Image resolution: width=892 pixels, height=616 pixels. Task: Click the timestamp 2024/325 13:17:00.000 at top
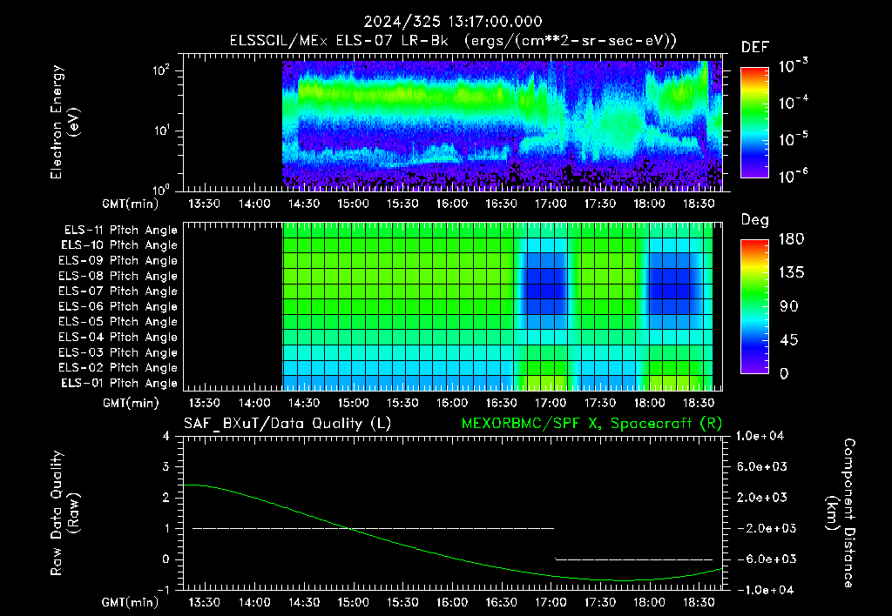[x=453, y=22]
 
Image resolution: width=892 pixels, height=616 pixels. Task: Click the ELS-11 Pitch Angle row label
[x=120, y=231]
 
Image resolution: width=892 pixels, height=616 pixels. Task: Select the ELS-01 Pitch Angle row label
[x=119, y=384]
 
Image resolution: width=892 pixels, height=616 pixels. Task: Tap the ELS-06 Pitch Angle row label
[x=118, y=307]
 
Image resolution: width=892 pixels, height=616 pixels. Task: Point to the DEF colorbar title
[x=755, y=47]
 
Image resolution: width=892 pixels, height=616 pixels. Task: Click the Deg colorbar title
[x=755, y=220]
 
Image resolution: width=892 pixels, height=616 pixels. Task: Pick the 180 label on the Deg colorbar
[x=791, y=238]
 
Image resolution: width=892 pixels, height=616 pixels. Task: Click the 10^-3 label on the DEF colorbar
[x=793, y=65]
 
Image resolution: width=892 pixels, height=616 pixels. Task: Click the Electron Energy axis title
[x=64, y=122]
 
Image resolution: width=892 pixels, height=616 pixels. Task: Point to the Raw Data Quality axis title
[x=64, y=513]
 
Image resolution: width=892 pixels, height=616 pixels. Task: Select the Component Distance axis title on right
[x=841, y=513]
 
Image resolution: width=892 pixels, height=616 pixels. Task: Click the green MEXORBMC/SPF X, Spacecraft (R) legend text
[x=591, y=424]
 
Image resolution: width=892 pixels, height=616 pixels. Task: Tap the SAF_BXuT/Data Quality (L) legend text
[x=287, y=424]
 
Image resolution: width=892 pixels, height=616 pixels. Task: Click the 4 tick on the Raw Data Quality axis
[x=166, y=437]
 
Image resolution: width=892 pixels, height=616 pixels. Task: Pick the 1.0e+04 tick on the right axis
[x=760, y=436]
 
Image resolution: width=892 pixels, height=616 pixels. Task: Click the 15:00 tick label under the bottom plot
[x=353, y=602]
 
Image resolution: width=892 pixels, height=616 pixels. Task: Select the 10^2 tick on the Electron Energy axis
[x=161, y=70]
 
